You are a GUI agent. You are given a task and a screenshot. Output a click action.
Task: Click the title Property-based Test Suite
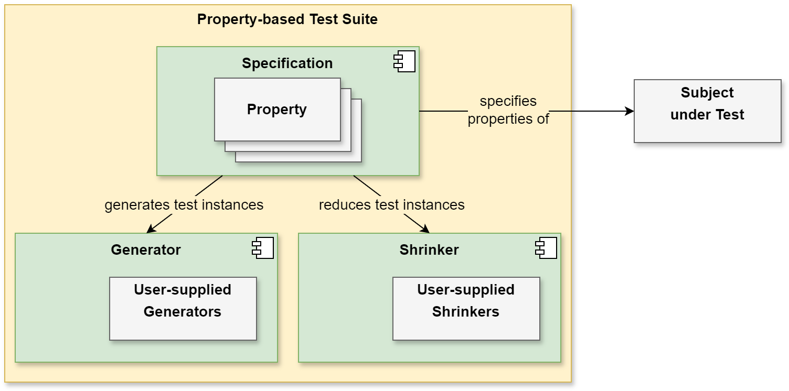[x=287, y=19]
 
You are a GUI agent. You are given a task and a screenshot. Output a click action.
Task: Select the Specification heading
[x=287, y=63]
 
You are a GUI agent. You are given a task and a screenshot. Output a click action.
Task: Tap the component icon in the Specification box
[x=404, y=61]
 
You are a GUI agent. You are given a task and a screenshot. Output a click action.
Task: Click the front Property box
[x=278, y=110]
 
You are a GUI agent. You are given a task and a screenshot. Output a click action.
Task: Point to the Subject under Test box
[x=708, y=111]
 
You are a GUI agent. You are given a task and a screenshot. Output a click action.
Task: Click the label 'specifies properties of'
[x=508, y=110]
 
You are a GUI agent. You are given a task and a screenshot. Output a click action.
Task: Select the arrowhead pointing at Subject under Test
[x=630, y=111]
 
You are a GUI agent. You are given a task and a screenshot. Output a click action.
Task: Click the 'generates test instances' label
[x=184, y=205]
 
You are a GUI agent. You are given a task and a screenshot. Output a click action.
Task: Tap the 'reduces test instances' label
[x=392, y=205]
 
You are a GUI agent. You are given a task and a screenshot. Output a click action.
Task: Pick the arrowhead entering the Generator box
[x=151, y=229]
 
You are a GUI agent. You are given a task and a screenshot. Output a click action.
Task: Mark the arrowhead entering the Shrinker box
[x=425, y=229]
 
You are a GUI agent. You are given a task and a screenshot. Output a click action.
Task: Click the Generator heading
[x=146, y=250]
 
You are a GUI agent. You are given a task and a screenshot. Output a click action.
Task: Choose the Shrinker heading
[x=429, y=250]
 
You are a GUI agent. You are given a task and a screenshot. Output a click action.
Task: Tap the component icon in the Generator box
[x=263, y=248]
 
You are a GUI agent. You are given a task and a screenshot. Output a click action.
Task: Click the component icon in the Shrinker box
[x=546, y=248]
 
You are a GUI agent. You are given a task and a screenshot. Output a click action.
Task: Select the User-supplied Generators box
[x=183, y=309]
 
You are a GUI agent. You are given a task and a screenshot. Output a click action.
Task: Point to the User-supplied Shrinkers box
[x=466, y=309]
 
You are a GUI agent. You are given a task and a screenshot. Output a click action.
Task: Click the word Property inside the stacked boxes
[x=277, y=110]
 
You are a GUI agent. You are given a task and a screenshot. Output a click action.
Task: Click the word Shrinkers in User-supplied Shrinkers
[x=466, y=312]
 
